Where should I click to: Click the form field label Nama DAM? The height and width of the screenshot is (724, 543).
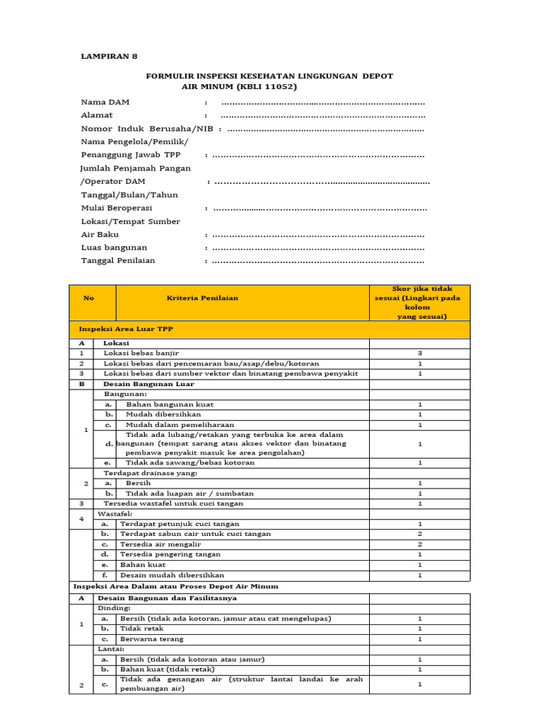point(105,102)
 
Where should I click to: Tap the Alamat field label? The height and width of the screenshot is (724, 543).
point(97,115)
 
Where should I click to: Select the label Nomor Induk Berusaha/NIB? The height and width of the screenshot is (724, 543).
point(148,129)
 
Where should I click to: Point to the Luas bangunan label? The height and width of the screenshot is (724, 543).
point(114,247)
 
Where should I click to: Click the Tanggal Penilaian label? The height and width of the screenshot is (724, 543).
point(118,260)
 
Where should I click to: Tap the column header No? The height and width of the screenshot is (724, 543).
point(88,298)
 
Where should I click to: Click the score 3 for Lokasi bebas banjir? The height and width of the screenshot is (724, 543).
point(419,352)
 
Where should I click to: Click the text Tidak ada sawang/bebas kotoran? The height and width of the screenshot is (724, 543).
point(190,462)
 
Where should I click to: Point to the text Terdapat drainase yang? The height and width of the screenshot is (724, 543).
point(151,472)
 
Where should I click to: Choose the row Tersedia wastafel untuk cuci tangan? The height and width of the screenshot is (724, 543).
point(173,503)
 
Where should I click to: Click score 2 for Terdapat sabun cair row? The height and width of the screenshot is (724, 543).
point(419,534)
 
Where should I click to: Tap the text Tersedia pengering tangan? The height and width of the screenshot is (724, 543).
point(170,554)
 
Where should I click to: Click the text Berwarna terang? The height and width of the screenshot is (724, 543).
point(152,638)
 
